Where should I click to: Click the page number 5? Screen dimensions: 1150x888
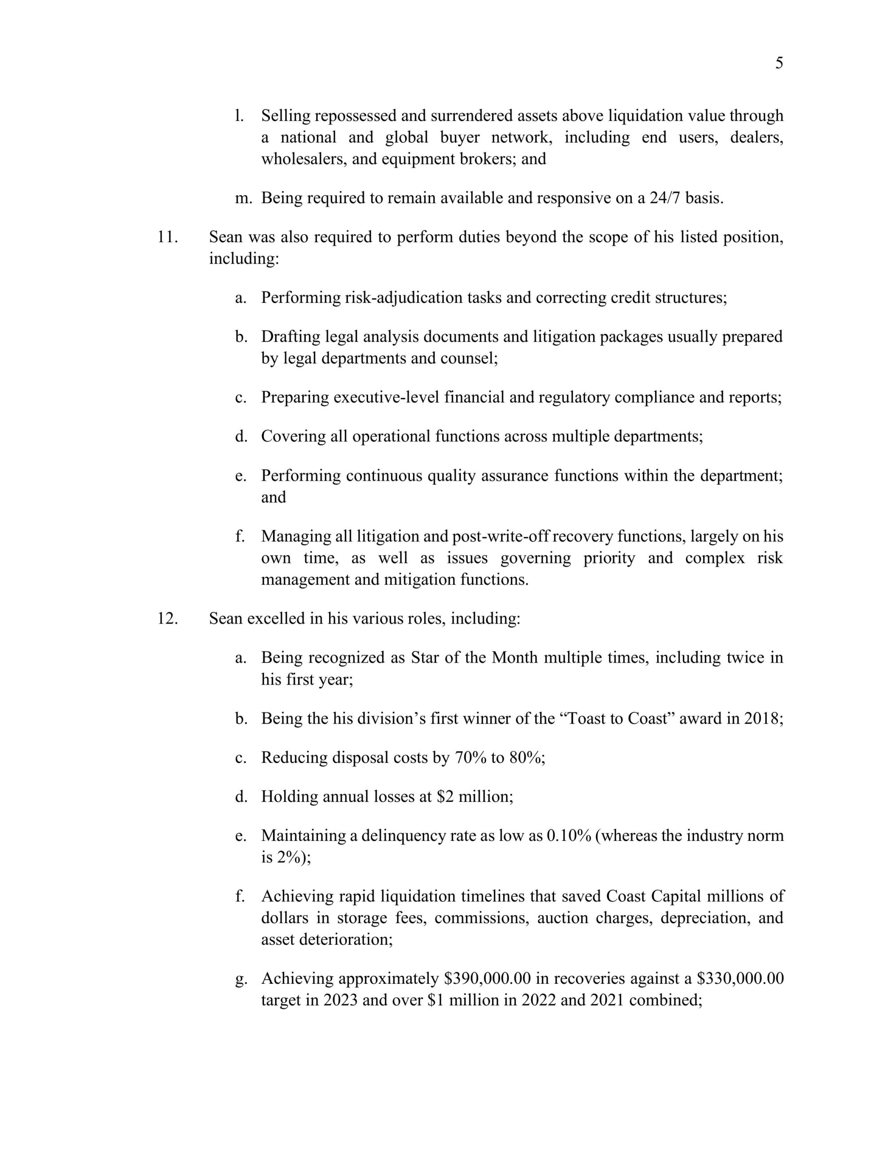[779, 64]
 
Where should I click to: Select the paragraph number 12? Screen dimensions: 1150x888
[168, 618]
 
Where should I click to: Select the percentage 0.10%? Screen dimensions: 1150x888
[569, 836]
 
